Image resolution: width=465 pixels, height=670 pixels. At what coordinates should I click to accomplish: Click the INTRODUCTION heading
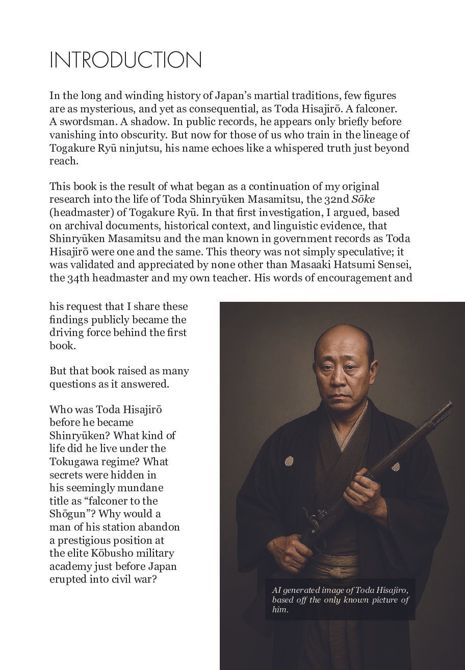click(x=125, y=60)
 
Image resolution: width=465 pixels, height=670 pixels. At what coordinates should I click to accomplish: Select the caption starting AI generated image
click(x=340, y=600)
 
